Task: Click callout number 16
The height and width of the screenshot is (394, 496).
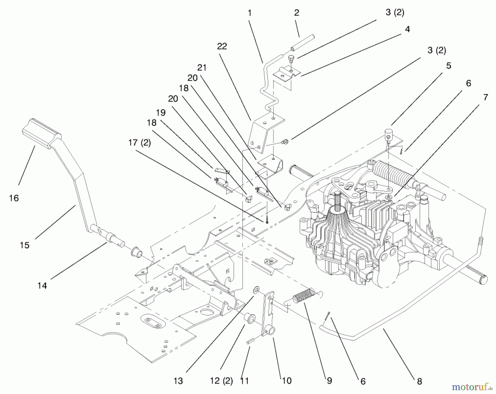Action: click(14, 198)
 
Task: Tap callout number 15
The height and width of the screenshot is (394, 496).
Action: click(25, 245)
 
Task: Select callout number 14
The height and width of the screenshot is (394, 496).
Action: click(42, 286)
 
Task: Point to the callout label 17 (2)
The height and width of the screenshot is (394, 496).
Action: click(139, 143)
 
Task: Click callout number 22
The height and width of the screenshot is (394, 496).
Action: click(222, 46)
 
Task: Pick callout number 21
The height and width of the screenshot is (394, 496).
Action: click(202, 68)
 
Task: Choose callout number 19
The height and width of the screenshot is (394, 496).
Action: click(161, 113)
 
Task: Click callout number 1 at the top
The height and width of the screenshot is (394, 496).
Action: click(250, 13)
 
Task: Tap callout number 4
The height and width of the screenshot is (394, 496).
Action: click(407, 29)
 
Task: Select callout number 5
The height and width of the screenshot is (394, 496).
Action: click(449, 66)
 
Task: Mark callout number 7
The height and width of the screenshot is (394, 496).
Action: click(486, 97)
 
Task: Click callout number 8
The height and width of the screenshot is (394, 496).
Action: click(419, 381)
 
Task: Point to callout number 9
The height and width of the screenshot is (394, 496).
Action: click(330, 381)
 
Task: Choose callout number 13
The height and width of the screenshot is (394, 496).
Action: click(178, 381)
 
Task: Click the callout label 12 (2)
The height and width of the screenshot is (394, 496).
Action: click(221, 381)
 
